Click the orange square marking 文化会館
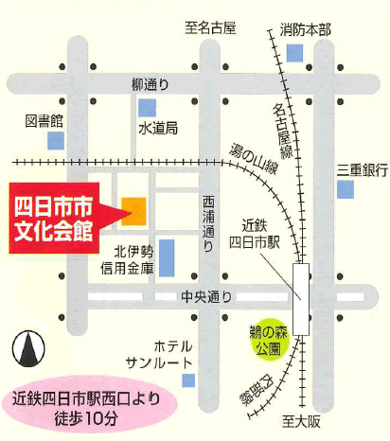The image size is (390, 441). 133,210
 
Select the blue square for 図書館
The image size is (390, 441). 56,141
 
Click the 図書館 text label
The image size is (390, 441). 44,121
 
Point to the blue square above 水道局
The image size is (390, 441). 147,107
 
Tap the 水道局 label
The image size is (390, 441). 158,128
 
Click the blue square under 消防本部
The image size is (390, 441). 294,53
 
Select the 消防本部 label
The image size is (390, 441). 306,30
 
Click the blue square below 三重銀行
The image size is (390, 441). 346,190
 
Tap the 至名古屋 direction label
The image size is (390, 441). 209,27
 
